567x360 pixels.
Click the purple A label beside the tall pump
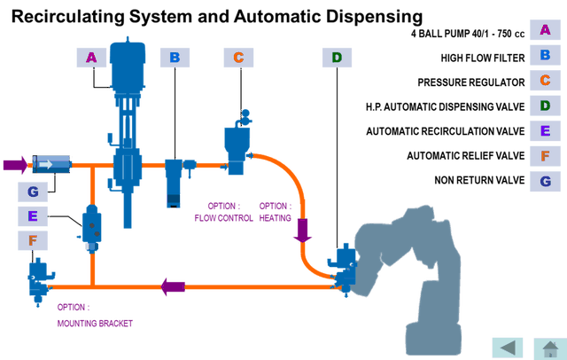(x=91, y=58)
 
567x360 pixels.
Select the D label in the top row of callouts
(x=337, y=58)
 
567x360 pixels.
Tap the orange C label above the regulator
(x=238, y=58)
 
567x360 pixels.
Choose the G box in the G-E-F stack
(x=33, y=192)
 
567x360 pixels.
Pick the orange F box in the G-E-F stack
(x=33, y=240)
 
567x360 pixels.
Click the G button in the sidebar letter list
(x=545, y=182)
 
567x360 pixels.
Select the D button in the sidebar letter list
(x=545, y=106)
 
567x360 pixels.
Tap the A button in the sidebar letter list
(x=545, y=28)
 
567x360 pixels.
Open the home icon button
(x=549, y=347)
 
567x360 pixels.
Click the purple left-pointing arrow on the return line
(x=173, y=286)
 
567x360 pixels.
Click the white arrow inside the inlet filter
(x=46, y=164)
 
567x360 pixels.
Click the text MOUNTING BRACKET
(x=95, y=325)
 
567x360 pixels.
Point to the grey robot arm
(x=425, y=266)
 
